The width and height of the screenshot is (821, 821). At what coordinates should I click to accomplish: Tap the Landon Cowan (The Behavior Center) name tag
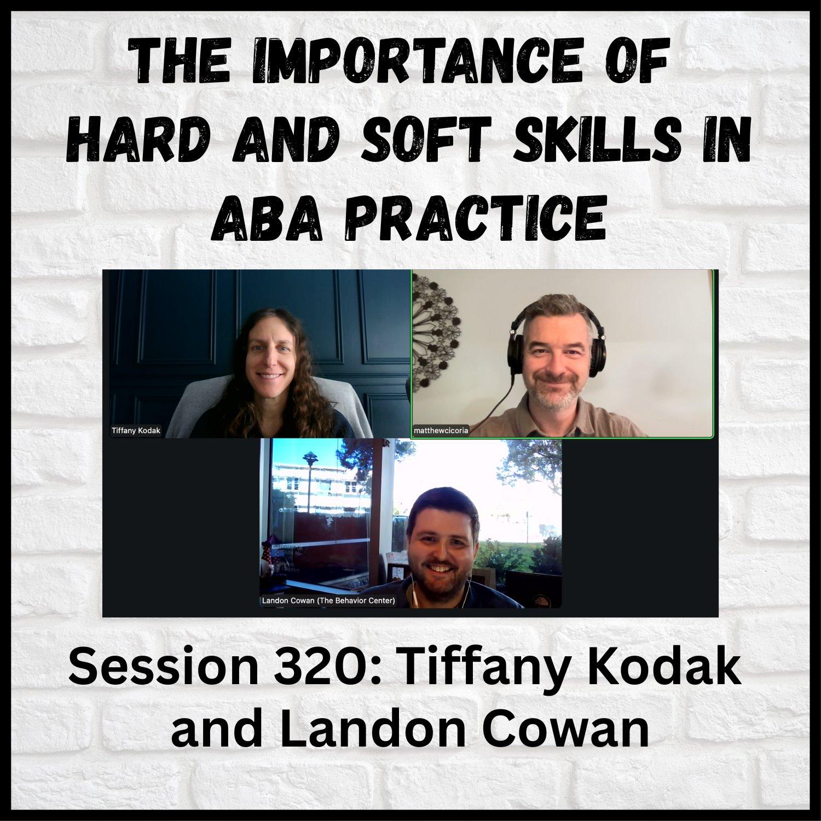pos(328,600)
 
